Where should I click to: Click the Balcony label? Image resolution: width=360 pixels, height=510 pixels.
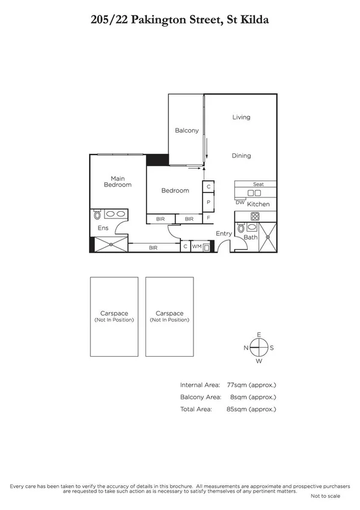coord(186,131)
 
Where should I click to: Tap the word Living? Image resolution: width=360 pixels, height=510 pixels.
coord(241,117)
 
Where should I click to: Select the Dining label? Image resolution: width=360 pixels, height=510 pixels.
coord(241,156)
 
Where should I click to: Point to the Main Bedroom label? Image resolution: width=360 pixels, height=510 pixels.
coord(117,181)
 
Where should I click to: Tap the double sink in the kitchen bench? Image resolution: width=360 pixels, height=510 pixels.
coord(255,193)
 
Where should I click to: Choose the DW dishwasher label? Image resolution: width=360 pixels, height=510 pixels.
coord(240,203)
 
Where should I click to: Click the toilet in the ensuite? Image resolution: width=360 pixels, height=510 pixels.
coord(97,215)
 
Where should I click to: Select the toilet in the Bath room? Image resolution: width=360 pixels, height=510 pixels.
coord(241,229)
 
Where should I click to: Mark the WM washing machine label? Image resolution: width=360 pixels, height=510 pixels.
coord(197,247)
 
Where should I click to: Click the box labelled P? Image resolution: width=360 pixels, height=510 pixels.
coord(208,202)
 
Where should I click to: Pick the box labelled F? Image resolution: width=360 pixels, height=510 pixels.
coord(208,218)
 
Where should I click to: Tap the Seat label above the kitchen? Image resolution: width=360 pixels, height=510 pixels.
coord(258,184)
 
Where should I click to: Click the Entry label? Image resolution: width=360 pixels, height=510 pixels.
coord(224,233)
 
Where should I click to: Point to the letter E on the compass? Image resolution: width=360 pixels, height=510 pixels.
coord(259,334)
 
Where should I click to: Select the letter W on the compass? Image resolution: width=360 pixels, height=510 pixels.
coord(259,361)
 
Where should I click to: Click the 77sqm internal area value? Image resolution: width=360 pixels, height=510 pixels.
coord(251,385)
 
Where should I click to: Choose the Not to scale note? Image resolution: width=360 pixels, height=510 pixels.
coord(325,496)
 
